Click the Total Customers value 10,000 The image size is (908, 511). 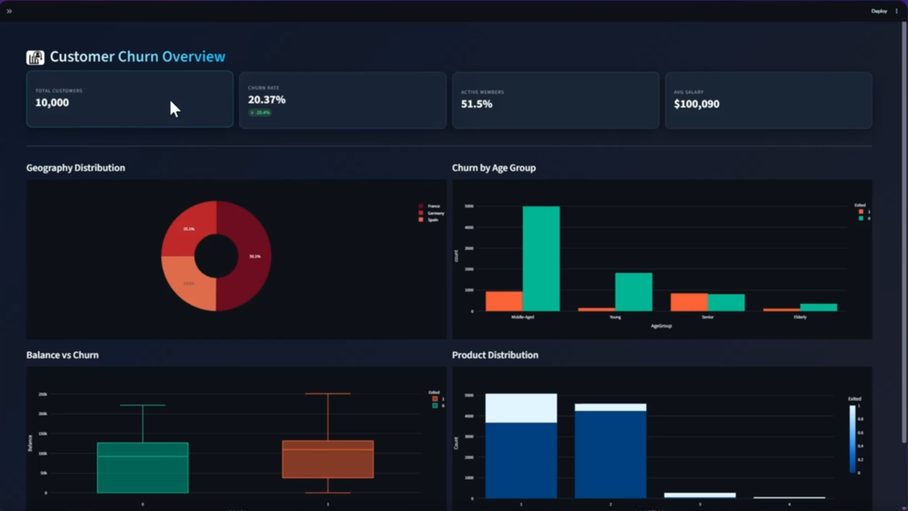tap(52, 103)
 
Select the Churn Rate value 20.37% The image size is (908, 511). tap(266, 100)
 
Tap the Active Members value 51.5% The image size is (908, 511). tap(476, 104)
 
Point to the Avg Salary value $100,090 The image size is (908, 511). tap(696, 104)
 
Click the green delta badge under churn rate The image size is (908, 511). tap(260, 113)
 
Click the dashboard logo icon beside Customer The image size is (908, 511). tap(35, 57)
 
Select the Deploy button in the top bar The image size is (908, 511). tap(878, 11)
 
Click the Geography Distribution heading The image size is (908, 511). tap(75, 168)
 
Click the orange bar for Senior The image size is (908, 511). tap(689, 302)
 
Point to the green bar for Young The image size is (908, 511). tap(633, 291)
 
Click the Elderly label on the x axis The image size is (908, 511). tap(800, 317)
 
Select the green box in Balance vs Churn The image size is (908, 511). tap(143, 468)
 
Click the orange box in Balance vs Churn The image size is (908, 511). tap(328, 459)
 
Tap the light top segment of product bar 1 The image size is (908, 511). tap(521, 408)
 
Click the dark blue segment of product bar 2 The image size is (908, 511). tap(610, 454)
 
